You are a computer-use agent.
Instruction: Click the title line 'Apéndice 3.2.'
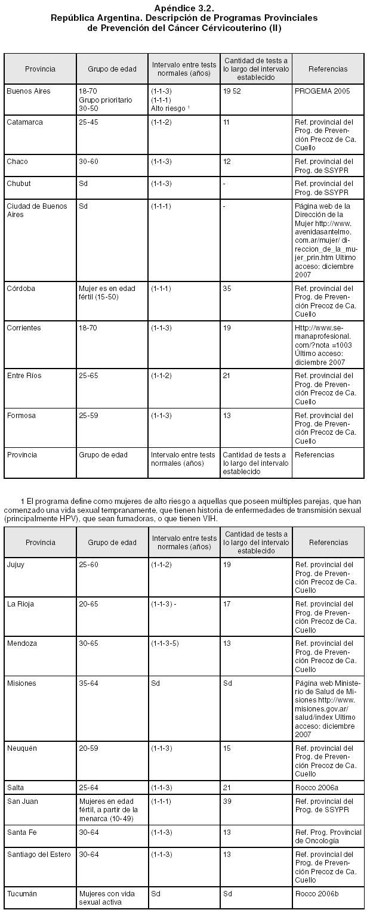183,8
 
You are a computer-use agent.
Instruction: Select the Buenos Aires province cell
29,91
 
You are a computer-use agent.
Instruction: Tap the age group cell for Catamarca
88,122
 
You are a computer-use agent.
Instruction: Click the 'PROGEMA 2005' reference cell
322,91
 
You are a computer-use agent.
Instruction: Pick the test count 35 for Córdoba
227,289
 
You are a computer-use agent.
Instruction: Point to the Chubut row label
18,184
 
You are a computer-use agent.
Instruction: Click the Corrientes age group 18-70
88,328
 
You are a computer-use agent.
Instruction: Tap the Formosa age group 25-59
88,416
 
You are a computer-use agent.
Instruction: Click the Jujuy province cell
16,565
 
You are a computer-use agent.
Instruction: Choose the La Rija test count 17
227,604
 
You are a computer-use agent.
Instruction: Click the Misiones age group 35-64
88,683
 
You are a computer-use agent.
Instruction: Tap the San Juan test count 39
227,801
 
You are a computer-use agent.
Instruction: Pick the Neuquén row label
22,748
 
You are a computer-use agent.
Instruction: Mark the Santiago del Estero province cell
39,855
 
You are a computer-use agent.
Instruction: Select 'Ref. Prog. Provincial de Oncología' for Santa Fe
328,836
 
